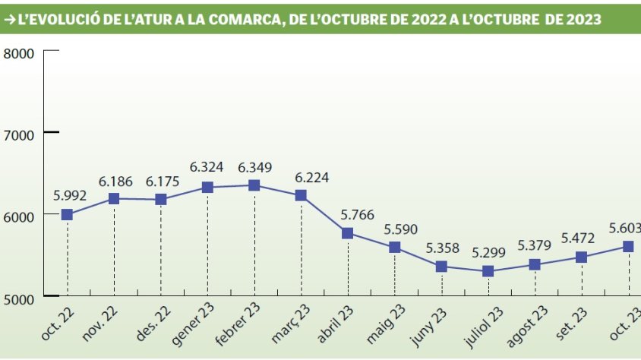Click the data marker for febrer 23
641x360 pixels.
tap(254, 185)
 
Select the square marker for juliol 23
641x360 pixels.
tap(488, 271)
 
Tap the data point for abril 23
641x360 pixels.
tap(348, 233)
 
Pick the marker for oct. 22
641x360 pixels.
tap(67, 215)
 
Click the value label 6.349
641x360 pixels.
tap(254, 167)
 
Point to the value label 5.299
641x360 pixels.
tap(488, 253)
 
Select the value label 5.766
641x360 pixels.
tap(348, 215)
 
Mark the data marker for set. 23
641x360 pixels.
tap(582, 257)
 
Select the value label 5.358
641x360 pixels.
tap(441, 248)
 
